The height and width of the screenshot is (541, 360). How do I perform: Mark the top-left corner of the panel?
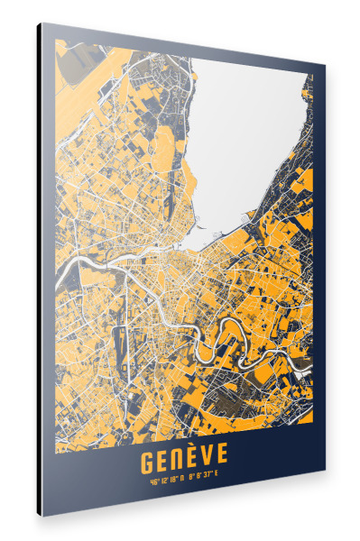point(40,23)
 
